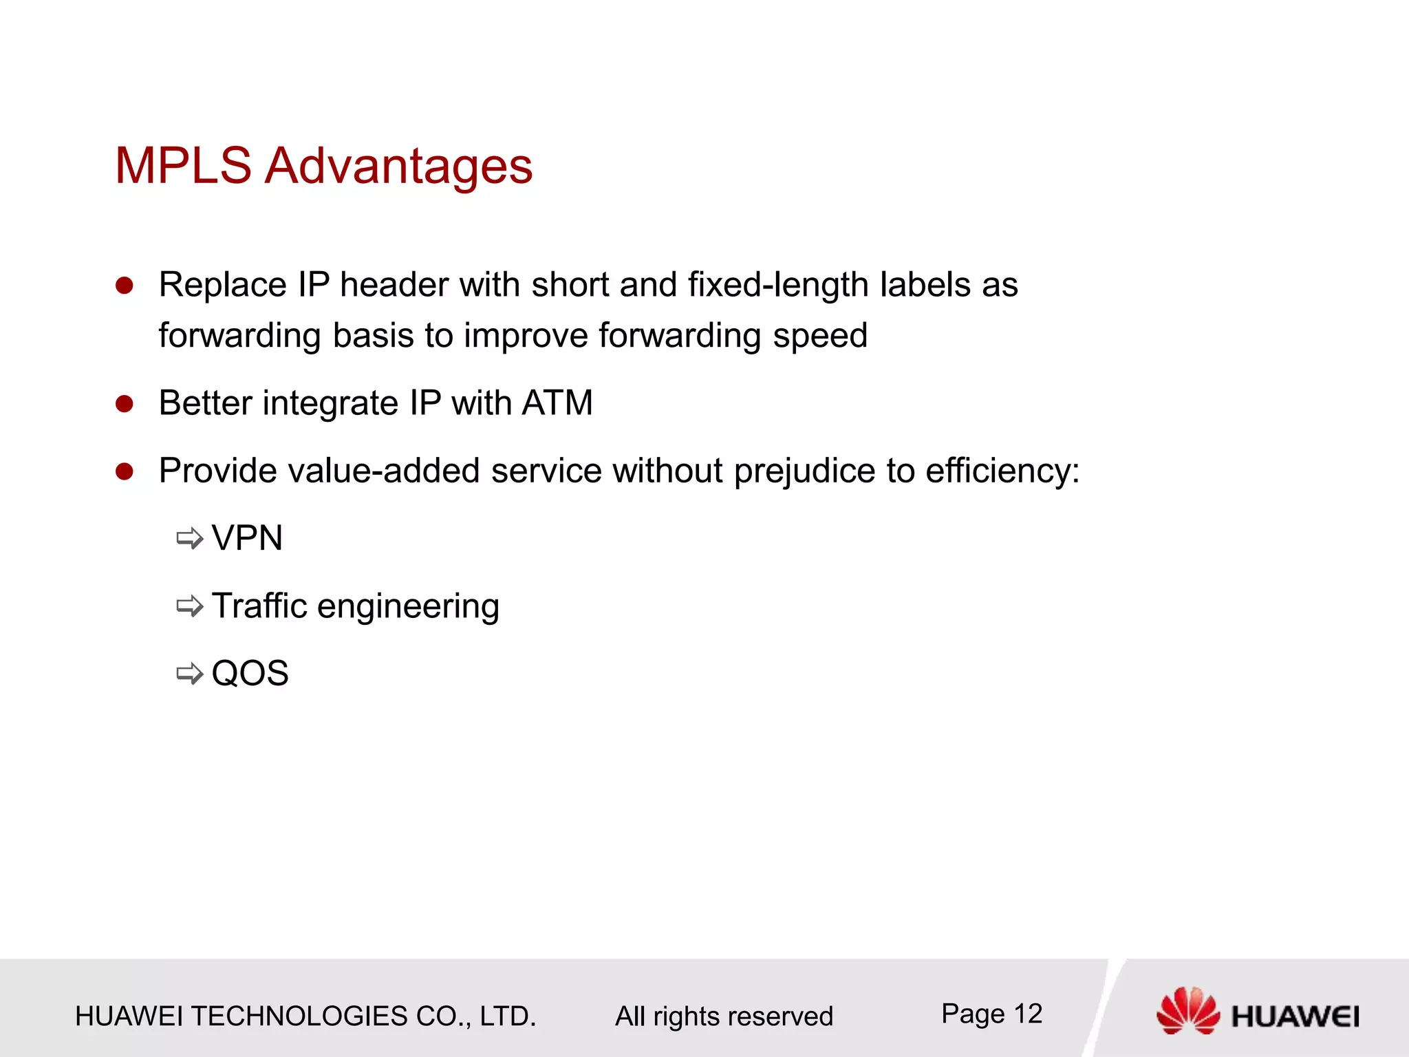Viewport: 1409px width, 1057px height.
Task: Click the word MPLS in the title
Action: point(183,166)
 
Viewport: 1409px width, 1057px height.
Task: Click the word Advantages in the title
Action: point(399,167)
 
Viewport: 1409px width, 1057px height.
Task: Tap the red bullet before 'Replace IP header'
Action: point(125,286)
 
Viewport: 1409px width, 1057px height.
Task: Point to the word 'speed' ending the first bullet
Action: point(819,337)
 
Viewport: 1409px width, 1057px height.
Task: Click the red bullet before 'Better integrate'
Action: point(125,404)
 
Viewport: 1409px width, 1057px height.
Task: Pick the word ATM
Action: point(557,403)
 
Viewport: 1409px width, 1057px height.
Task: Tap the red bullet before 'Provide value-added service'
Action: point(125,471)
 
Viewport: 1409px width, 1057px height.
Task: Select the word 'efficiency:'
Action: point(1002,472)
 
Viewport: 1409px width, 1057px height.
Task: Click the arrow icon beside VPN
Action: point(190,538)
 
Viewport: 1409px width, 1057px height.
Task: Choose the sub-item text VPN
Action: point(247,537)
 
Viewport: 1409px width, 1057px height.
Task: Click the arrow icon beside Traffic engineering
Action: point(190,606)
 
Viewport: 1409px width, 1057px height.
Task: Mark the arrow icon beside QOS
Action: point(190,673)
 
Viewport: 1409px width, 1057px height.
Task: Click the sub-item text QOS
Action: point(250,673)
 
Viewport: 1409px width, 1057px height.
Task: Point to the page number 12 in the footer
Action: point(1028,1014)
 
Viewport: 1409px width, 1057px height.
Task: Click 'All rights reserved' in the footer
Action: point(724,1016)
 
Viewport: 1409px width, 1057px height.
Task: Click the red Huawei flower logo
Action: point(1187,1010)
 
